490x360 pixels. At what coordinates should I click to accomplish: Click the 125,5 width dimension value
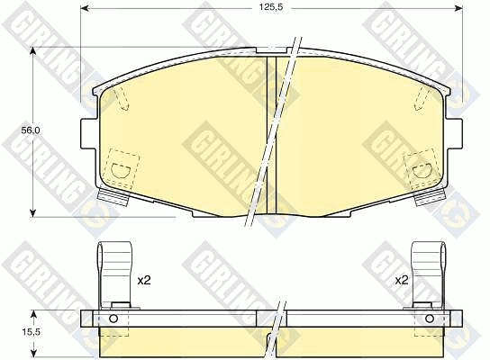271,8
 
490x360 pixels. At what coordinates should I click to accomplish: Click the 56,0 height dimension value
31,130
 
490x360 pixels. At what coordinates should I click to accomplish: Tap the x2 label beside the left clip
144,280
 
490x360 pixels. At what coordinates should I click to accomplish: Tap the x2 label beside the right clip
402,280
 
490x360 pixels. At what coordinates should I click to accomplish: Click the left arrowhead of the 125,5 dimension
85,8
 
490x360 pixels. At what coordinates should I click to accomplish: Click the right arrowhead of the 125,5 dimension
458,8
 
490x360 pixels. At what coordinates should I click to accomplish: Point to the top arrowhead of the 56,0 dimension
32,51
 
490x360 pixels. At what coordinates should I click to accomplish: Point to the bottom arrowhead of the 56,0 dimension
32,212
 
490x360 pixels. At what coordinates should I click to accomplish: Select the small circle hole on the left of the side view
113,319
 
